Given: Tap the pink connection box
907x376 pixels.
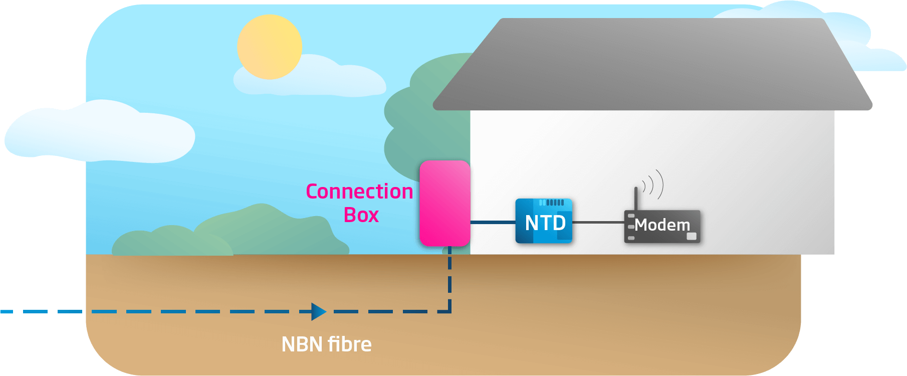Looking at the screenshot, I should point(444,203).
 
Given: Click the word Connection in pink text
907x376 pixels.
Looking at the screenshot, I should point(359,192).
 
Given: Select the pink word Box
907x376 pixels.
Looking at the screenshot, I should point(361,215).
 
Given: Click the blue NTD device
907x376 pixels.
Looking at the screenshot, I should point(544,222).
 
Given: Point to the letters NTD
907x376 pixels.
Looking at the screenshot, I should point(545,223).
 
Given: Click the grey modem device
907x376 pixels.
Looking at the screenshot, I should point(661,227).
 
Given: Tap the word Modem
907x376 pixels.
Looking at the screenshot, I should point(662,225).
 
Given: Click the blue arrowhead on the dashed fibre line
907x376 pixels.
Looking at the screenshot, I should point(318,311).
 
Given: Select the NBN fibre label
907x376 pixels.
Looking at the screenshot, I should point(326,344).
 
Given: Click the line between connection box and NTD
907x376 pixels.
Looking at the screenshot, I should point(493,222).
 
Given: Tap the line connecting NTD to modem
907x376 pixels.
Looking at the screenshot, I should point(598,222).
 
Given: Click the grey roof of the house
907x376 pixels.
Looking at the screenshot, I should point(651,65).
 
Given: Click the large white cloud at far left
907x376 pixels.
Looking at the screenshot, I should point(100,133).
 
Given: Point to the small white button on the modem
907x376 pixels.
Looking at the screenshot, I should point(692,236).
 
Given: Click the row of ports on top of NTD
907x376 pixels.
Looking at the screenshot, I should point(551,203).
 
